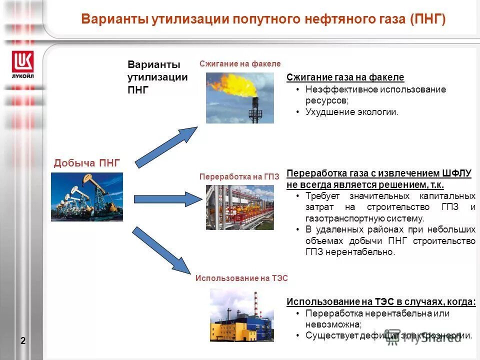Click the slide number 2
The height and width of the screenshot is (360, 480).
click(23, 341)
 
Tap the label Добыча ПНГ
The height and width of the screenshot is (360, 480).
click(87, 162)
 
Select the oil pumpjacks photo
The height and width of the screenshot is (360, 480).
click(87, 196)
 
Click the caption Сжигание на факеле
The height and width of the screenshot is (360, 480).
click(240, 64)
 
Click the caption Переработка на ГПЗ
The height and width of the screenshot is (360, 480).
click(239, 177)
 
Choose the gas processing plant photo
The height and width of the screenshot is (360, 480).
click(240, 207)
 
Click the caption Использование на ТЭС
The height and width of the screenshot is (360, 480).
click(241, 278)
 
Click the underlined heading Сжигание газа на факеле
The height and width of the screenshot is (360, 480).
click(345, 77)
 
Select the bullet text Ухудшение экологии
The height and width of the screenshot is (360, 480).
click(352, 112)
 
